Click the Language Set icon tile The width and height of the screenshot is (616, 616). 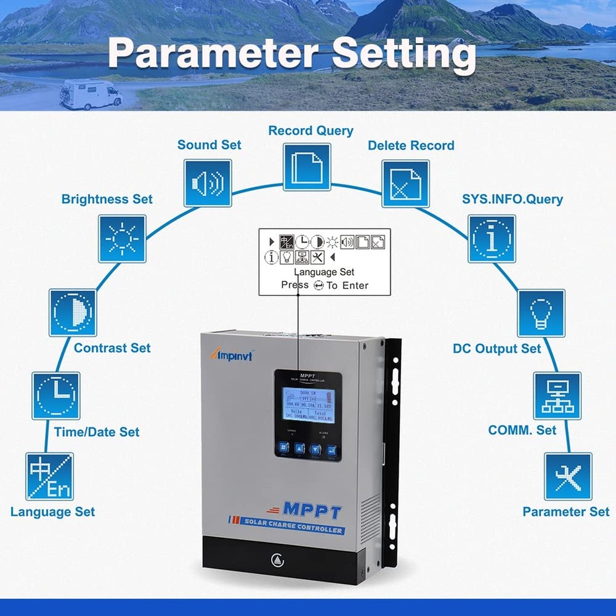click(49, 476)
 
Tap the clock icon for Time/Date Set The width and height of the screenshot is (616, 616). click(55, 395)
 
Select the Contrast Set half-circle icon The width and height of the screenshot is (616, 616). click(73, 313)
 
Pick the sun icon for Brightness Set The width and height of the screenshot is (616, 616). click(122, 238)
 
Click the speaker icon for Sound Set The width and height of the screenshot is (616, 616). click(208, 183)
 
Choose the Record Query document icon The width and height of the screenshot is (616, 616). click(307, 167)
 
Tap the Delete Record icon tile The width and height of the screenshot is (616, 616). click(405, 184)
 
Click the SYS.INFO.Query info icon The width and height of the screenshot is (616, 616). click(492, 238)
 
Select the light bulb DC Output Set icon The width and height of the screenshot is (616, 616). click(541, 313)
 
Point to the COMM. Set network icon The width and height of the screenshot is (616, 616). click(557, 395)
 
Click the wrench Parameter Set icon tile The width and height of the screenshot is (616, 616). click(567, 476)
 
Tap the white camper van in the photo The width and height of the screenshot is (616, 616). click(91, 94)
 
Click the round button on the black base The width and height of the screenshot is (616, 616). click(276, 561)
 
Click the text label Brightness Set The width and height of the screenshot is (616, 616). click(107, 200)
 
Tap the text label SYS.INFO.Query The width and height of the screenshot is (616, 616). click(512, 199)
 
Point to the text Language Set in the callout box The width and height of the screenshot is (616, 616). click(324, 272)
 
